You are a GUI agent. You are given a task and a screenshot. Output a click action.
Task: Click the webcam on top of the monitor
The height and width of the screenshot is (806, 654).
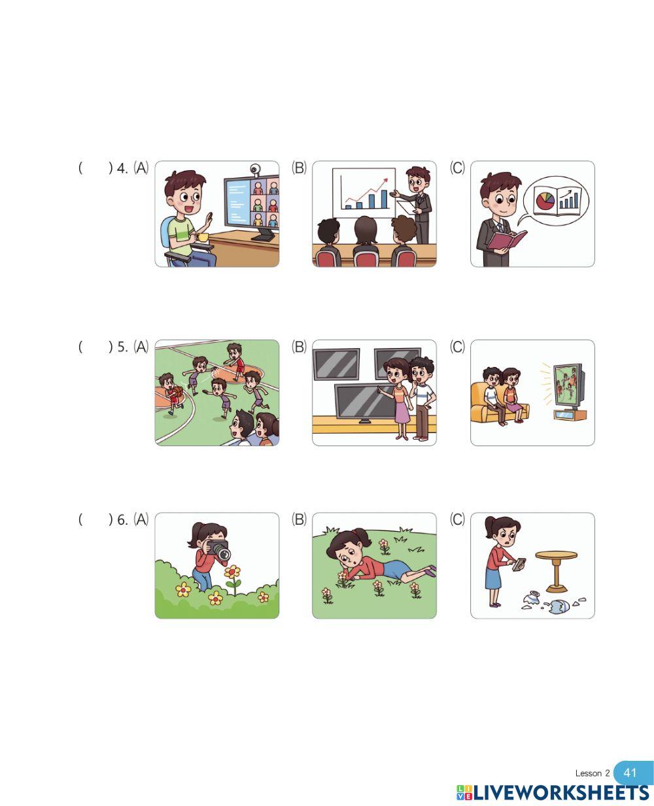click(x=256, y=169)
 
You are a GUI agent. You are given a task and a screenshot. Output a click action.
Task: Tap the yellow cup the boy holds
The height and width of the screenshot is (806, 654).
click(x=202, y=237)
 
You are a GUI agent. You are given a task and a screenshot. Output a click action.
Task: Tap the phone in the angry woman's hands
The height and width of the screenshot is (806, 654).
click(x=519, y=564)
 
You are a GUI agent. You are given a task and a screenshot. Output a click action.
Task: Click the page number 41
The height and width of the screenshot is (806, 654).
click(x=629, y=773)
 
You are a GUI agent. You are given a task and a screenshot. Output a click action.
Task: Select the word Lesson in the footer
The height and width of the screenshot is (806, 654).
click(x=589, y=773)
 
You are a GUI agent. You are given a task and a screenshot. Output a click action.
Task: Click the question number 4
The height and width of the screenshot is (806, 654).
click(x=122, y=168)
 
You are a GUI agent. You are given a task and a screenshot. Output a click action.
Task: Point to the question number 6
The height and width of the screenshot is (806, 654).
click(x=122, y=520)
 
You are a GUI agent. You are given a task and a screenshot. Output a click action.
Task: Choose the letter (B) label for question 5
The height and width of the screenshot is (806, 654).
click(x=299, y=347)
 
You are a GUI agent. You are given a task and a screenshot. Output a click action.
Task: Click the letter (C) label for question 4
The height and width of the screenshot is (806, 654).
click(x=457, y=167)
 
